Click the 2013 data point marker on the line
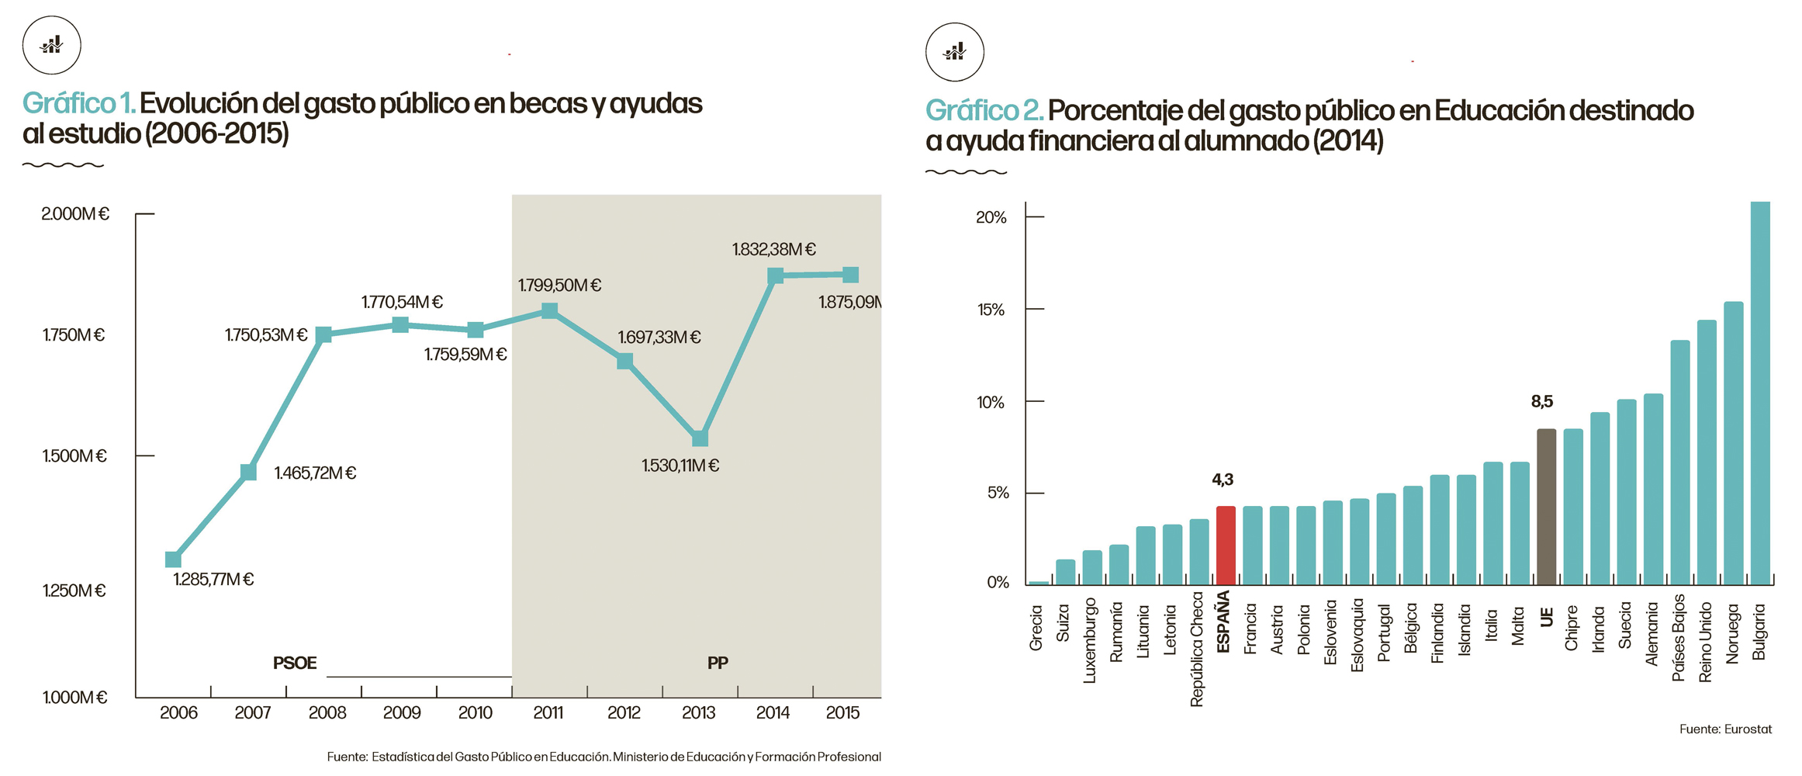(x=700, y=438)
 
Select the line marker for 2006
(x=173, y=559)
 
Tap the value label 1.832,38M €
(x=773, y=249)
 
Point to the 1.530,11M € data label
(x=680, y=466)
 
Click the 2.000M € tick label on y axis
(x=75, y=214)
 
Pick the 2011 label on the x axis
(x=548, y=712)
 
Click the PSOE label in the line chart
(x=295, y=663)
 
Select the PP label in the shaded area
(x=718, y=663)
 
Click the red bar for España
(x=1226, y=545)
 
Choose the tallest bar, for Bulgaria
(x=1760, y=393)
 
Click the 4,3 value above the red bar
(x=1223, y=480)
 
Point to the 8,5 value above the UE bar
(x=1542, y=401)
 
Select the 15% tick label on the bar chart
(x=991, y=310)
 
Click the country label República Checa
(x=1197, y=650)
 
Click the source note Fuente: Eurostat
(x=1725, y=729)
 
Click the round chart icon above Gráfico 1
(x=52, y=45)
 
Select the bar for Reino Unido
(x=1707, y=452)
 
